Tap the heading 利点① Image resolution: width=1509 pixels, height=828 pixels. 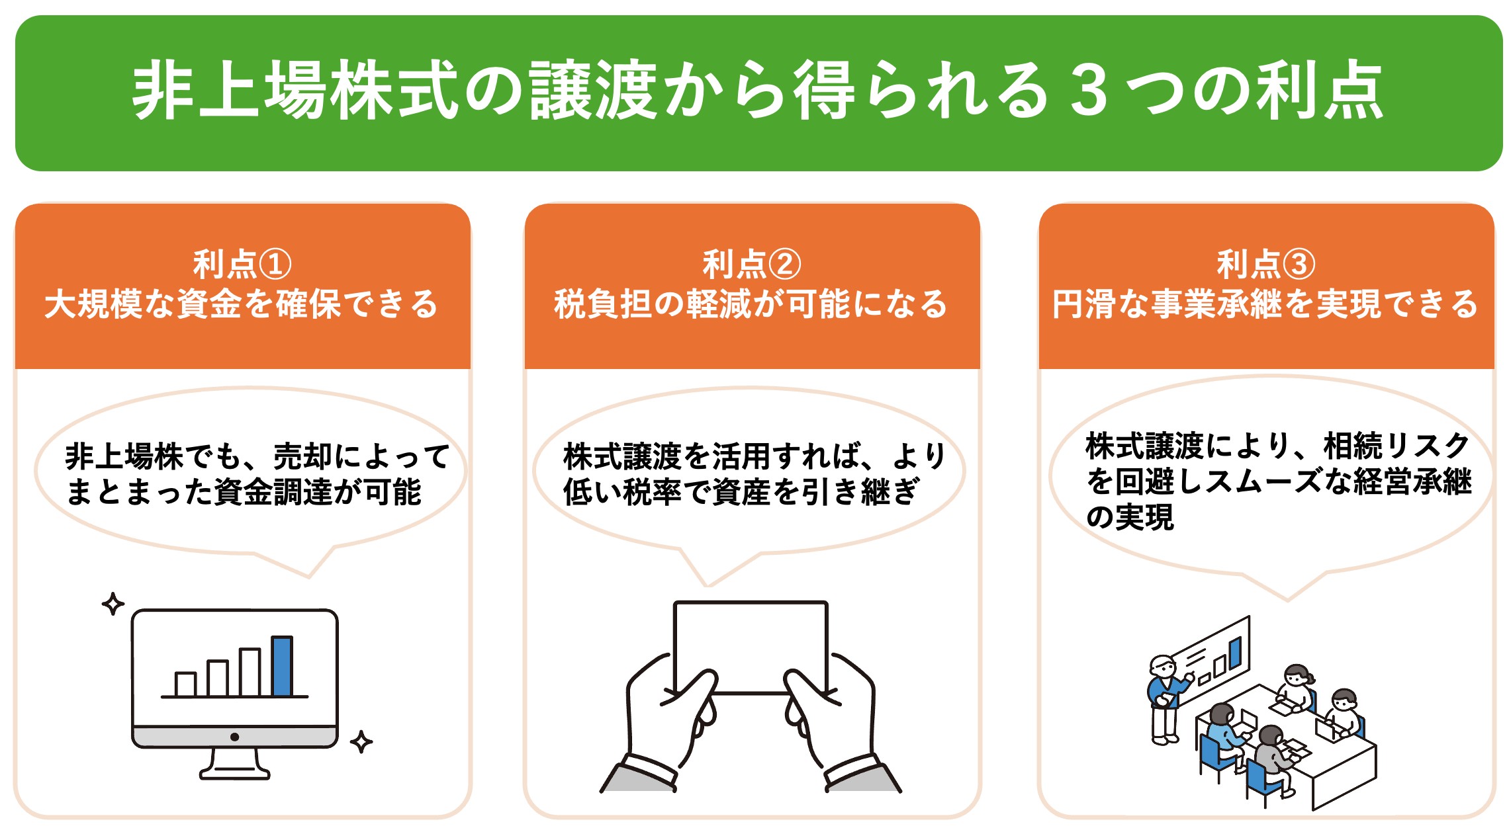pos(242,265)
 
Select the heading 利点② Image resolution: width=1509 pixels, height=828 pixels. pos(752,265)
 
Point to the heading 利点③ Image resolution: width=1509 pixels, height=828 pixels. pos(1265,265)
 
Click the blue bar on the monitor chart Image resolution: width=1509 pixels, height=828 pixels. pos(282,666)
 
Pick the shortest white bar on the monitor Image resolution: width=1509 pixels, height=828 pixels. pos(185,684)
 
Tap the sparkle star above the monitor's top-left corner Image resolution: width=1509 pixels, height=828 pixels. pos(113,603)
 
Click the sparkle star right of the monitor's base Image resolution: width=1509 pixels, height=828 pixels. pos(361,741)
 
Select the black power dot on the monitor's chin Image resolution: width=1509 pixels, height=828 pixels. pos(234,737)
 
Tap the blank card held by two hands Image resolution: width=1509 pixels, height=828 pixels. pos(751,645)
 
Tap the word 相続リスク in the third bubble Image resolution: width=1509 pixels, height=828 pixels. pos(1396,446)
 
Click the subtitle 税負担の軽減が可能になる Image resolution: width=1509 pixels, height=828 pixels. pos(752,304)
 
